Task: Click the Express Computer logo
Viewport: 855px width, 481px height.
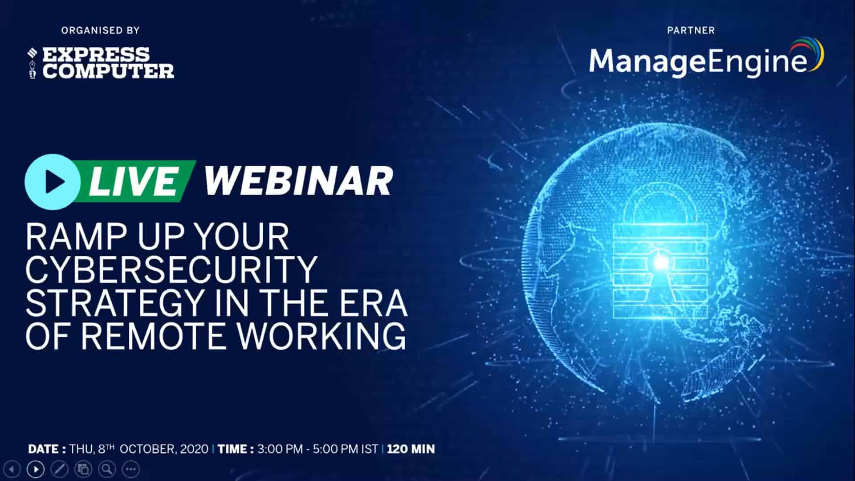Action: pyautogui.click(x=101, y=63)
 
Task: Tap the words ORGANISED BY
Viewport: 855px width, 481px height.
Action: pyautogui.click(x=101, y=30)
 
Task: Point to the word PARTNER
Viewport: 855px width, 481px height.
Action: pyautogui.click(x=691, y=30)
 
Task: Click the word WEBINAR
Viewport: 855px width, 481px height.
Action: pyautogui.click(x=298, y=181)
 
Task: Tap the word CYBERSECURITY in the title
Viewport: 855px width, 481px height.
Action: pyautogui.click(x=171, y=269)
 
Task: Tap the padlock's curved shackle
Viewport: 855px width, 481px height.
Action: pyautogui.click(x=660, y=200)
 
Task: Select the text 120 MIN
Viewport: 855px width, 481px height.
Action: pyautogui.click(x=411, y=449)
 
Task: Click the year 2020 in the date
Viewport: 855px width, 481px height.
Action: pyautogui.click(x=194, y=449)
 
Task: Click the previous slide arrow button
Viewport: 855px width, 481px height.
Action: pyautogui.click(x=12, y=469)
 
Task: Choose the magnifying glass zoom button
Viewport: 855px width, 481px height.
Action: pyautogui.click(x=107, y=469)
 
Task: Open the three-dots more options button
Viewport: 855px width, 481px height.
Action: pyautogui.click(x=130, y=469)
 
